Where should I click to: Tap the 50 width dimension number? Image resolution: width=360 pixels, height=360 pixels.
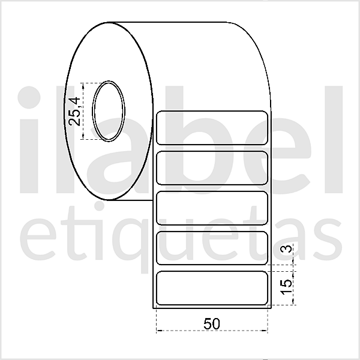211,323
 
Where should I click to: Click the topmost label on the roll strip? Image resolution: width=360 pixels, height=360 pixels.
212,128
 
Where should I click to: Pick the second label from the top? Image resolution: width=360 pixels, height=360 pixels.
212,167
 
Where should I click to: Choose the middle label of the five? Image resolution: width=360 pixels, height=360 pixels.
212,208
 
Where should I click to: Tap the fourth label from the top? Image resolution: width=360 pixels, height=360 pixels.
212,247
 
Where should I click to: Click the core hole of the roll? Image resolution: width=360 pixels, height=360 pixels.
109,112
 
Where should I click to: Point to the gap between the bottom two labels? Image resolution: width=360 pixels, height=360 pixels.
212,268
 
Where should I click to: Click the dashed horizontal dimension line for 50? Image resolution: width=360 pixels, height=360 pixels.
180,331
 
